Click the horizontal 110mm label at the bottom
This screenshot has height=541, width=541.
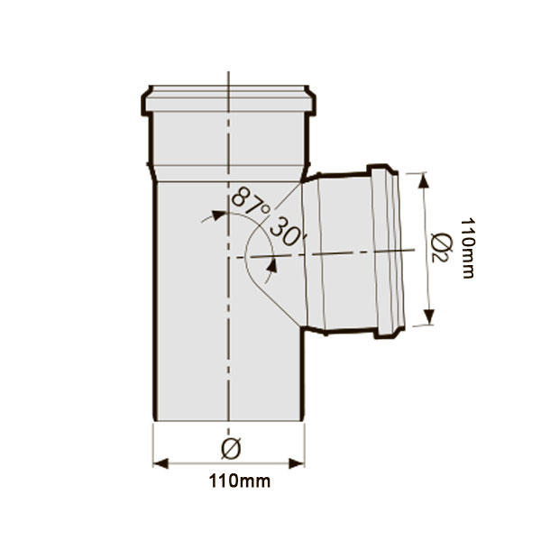240,481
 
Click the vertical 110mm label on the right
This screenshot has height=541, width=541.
468,248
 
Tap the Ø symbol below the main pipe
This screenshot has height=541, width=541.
231,448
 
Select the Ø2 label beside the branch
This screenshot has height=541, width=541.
440,248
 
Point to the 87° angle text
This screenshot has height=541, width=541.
250,203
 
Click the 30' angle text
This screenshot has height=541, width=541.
287,232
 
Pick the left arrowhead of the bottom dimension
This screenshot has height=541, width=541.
160,463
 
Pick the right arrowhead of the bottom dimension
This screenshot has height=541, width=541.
297,463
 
